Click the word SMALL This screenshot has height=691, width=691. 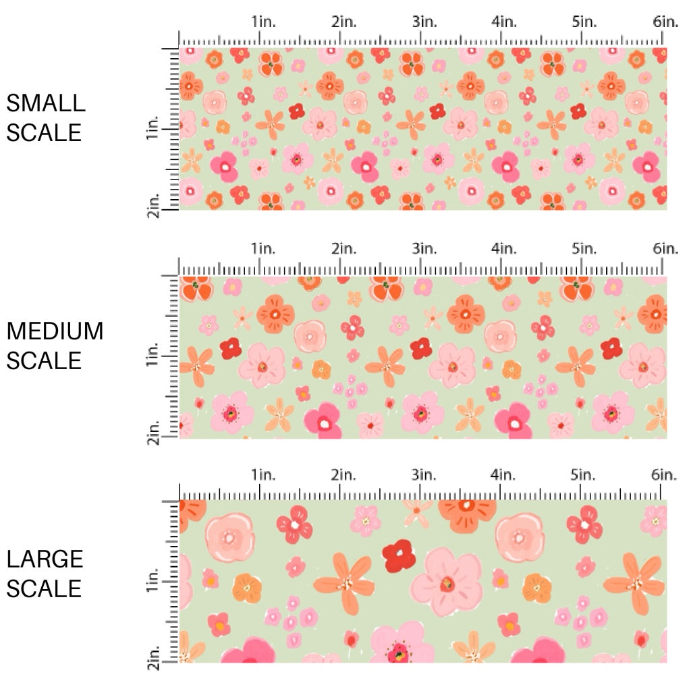[46, 103]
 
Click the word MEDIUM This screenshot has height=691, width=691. [55, 331]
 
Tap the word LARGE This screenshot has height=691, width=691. [45, 559]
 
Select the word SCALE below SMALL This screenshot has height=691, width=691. [44, 132]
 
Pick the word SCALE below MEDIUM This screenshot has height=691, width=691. [44, 360]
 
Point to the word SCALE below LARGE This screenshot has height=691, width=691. [44, 588]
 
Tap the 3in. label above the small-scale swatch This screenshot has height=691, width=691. [424, 22]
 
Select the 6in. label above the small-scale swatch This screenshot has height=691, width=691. [665, 22]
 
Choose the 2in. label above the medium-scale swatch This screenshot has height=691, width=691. [343, 249]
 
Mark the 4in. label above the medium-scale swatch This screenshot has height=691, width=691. [504, 249]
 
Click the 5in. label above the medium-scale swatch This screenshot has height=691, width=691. [584, 249]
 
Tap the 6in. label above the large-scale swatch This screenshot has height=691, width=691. [665, 474]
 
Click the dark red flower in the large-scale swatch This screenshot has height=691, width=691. [398, 555]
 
